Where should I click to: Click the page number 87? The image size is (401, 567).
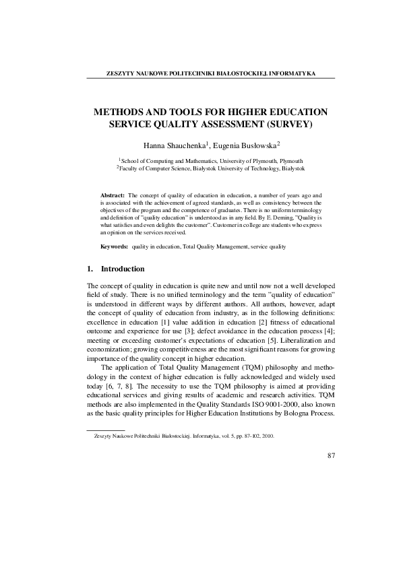(x=331, y=456)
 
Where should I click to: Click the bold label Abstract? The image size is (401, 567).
(x=112, y=194)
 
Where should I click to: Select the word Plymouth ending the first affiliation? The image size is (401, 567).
(x=290, y=162)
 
